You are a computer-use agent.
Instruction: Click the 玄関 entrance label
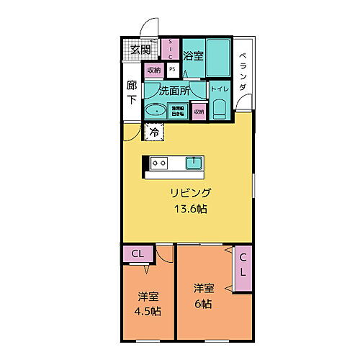click(141, 50)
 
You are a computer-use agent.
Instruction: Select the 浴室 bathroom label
click(192, 55)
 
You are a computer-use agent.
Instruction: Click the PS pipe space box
click(172, 70)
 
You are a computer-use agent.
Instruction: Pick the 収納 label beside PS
click(154, 70)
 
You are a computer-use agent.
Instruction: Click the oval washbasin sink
click(155, 112)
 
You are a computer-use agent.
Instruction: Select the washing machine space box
click(178, 111)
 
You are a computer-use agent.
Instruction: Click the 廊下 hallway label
click(132, 92)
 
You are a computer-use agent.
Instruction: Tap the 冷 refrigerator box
click(153, 132)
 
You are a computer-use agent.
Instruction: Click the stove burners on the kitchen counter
click(158, 163)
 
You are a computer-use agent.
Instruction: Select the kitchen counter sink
click(194, 163)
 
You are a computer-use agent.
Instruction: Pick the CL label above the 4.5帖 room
click(137, 254)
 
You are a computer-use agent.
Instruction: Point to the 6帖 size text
click(203, 304)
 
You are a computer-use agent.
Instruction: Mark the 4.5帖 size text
click(148, 312)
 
